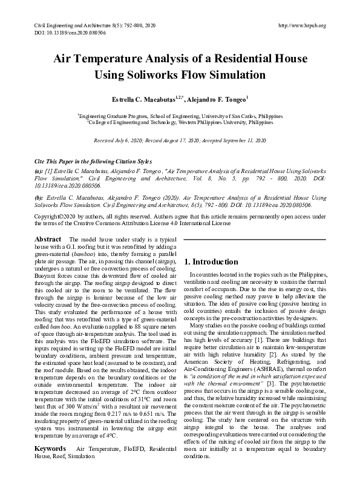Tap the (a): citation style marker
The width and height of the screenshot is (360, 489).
(x=39, y=172)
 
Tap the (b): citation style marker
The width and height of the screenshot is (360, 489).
(x=39, y=198)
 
